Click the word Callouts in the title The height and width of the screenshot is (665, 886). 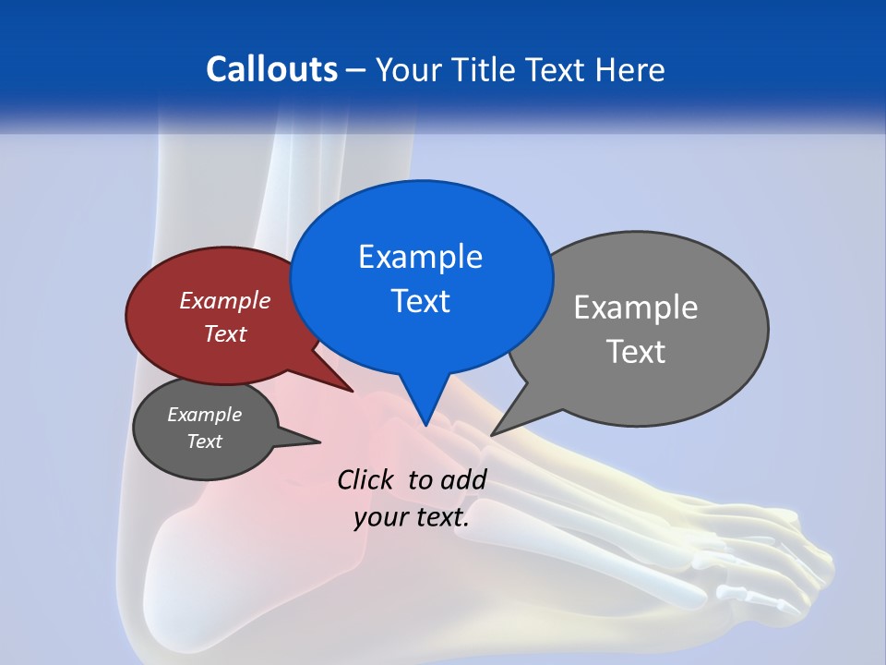tap(271, 69)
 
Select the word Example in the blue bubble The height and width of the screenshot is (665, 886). tap(420, 257)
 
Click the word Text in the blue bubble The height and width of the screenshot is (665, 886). tap(420, 301)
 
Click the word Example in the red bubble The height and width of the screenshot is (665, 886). tap(225, 300)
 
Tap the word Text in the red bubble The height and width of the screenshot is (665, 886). tap(225, 333)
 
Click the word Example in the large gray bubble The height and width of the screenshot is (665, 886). tap(636, 308)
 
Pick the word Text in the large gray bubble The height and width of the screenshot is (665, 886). tap(636, 352)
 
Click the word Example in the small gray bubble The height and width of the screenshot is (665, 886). tap(204, 415)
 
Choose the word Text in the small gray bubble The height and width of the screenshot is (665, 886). tap(204, 441)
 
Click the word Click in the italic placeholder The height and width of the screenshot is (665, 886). tap(366, 479)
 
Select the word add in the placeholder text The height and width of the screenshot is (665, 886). tap(463, 479)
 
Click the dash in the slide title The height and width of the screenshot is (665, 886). tap(355, 70)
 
